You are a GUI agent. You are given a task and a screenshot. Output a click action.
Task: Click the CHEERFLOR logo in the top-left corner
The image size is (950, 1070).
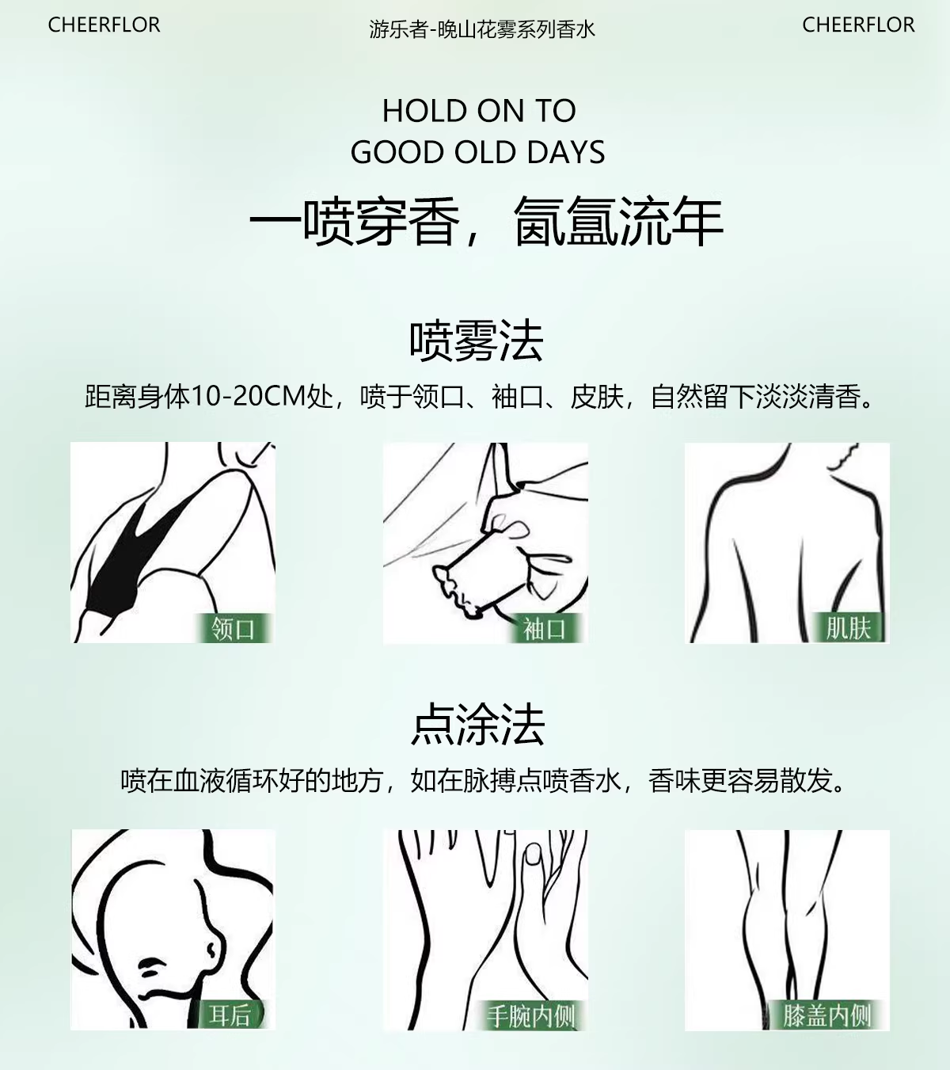[104, 25]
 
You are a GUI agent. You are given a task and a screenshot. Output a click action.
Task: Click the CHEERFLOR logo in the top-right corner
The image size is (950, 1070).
[858, 25]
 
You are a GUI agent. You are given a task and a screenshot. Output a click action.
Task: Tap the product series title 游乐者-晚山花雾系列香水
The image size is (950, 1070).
[481, 29]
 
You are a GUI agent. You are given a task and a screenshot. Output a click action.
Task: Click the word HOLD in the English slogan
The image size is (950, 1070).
[424, 111]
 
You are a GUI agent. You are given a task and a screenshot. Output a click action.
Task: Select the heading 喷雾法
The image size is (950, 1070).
[477, 341]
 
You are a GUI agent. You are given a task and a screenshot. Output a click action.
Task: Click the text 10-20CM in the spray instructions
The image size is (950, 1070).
[249, 396]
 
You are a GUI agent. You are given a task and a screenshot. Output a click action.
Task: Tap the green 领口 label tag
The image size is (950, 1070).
[233, 629]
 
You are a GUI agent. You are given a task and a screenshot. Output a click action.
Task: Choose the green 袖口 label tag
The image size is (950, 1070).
[545, 629]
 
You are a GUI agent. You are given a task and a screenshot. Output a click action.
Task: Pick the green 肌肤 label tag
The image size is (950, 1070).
[848, 628]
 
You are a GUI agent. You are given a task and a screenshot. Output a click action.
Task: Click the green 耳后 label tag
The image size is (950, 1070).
[230, 1015]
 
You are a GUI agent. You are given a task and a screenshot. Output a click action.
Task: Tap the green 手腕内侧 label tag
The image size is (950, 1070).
[530, 1015]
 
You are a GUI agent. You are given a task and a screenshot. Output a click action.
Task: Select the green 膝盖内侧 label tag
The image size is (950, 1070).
[827, 1015]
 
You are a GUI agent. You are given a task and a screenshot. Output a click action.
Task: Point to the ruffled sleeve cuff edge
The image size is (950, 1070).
[454, 589]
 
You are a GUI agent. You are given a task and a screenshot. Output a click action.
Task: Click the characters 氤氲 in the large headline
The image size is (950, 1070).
[565, 221]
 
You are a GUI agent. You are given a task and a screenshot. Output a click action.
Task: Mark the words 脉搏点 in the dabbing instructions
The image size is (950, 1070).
[502, 780]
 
